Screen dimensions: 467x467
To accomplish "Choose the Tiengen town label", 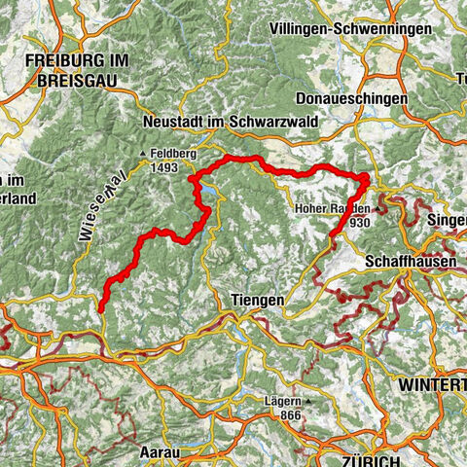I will [x=257, y=301].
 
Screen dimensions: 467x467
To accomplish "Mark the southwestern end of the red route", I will [x=101, y=309].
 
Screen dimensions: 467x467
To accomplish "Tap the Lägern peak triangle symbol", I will [x=307, y=401].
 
